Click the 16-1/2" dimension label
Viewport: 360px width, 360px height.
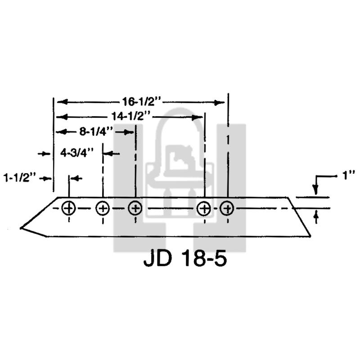142,102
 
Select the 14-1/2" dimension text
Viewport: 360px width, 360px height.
131,117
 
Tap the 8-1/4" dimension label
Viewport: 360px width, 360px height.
96,132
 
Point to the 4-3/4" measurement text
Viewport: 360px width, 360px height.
77,153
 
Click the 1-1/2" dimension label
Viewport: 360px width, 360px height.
20,178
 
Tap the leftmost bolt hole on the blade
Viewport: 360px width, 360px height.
69,208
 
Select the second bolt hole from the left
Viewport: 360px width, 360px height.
103,208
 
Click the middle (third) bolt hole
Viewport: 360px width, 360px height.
135,208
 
